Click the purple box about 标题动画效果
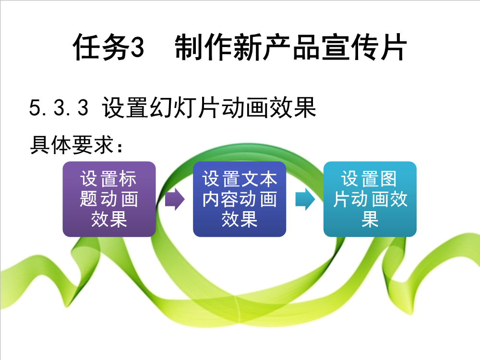pos(109,199)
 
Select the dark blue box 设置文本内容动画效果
pos(240,199)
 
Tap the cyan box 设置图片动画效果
pos(370,199)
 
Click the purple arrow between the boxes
pos(175,199)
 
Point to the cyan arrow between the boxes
pos(305,199)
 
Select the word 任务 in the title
pos(101,47)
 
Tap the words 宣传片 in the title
pos(364,47)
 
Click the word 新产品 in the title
pos(277,47)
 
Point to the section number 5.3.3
pos(59,108)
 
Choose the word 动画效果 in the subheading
pos(269,108)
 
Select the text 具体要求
pos(72,145)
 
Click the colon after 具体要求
pos(120,147)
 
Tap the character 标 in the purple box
pos(128,179)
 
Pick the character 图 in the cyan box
pos(388,179)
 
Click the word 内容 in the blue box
pos(221,199)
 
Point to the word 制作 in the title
pos(204,47)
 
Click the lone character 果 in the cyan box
pos(370,219)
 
